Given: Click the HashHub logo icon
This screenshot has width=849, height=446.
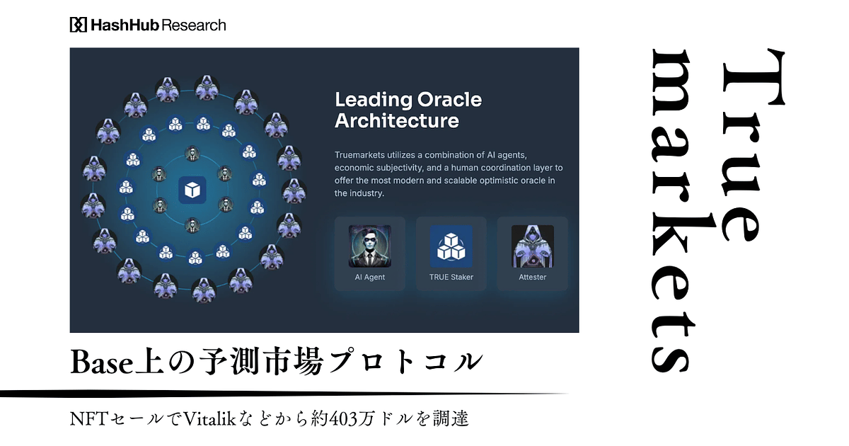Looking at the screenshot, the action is [79, 25].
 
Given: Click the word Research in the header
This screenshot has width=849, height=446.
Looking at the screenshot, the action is [194, 25].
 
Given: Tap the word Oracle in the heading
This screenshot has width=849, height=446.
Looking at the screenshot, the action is [449, 100].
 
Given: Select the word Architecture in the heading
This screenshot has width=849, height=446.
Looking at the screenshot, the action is [397, 120].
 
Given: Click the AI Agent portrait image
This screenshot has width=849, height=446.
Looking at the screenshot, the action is [370, 246].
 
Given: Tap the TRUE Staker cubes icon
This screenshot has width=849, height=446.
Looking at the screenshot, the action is [451, 246].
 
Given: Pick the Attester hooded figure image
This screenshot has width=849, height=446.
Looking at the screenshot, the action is [533, 246].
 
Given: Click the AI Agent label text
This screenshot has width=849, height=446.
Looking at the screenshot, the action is [370, 278].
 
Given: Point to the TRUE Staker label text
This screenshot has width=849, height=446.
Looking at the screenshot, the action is [451, 278].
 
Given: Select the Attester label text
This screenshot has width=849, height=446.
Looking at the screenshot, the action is [533, 278].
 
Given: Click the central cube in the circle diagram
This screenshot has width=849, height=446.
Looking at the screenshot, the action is [192, 190].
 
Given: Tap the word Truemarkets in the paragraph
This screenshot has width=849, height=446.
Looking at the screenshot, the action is [359, 155].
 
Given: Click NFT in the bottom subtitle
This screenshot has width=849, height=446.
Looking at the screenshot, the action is [89, 419].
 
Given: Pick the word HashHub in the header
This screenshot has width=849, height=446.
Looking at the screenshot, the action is [125, 25].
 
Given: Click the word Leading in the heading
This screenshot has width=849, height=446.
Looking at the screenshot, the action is [374, 101].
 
